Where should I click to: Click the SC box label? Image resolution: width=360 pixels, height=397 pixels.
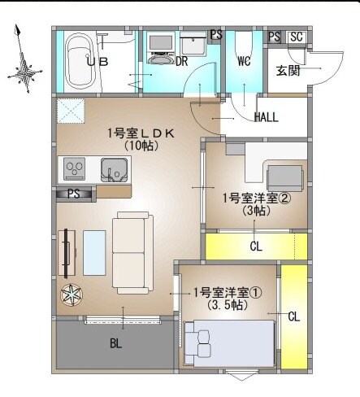pos(296,37)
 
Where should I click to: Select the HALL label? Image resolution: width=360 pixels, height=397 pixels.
pos(266,117)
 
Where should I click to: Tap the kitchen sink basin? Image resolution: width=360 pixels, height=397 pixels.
pos(113,170)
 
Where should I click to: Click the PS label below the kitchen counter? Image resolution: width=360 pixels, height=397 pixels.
pos(74,194)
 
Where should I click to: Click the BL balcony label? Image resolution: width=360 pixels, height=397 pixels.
pos(115,343)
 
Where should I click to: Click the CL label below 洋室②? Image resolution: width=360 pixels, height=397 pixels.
pos(255,246)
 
